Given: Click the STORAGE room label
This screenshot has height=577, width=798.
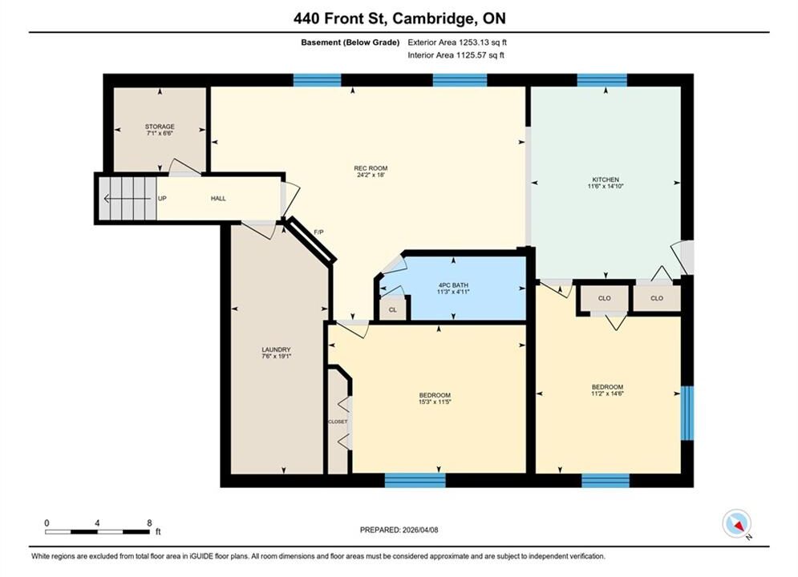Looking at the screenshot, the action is [160, 127].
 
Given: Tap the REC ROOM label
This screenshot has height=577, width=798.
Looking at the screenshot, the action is [371, 168].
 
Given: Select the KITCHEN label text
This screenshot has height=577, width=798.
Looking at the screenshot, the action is [605, 180].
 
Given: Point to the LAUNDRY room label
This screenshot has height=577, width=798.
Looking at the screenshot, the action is [276, 349].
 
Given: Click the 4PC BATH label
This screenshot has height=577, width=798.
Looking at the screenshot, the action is [453, 285].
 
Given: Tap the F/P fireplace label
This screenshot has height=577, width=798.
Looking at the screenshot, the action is [318, 232].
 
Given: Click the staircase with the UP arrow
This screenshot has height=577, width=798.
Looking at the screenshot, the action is [128, 198].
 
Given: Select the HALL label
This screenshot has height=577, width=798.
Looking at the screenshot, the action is [218, 198].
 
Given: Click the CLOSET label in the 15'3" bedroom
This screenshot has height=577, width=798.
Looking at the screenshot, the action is [338, 422].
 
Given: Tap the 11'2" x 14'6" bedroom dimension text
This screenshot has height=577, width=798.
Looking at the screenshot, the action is [607, 393].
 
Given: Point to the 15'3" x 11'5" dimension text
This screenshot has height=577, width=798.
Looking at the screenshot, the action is [435, 401].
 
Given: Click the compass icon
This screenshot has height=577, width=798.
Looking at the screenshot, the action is [736, 523].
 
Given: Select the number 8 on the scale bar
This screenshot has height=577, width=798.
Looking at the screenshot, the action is [149, 523].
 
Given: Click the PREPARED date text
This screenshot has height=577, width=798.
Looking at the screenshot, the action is [399, 530].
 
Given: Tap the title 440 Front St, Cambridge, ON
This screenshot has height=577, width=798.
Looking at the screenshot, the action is [399, 18].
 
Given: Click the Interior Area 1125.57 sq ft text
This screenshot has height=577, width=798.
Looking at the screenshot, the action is [456, 55].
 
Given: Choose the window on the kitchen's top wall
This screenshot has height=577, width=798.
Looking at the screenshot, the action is [602, 80].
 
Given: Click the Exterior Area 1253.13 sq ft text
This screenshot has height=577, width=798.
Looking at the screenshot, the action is [457, 42].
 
